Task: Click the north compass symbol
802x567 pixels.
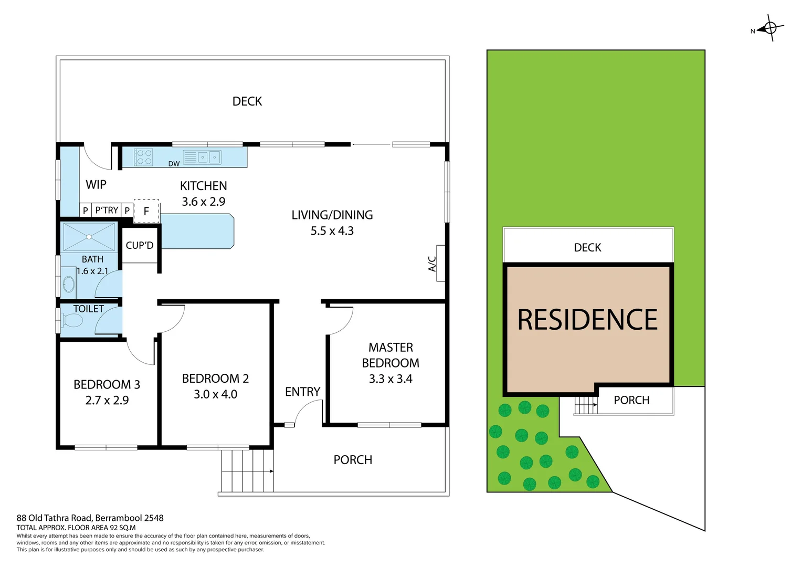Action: [770, 28]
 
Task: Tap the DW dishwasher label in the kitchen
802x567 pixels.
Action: [174, 164]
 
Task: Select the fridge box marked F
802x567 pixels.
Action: [146, 211]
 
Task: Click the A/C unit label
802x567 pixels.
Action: [432, 264]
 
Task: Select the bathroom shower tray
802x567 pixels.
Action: [89, 237]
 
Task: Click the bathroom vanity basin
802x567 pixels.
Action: [69, 284]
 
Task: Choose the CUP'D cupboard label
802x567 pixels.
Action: [140, 245]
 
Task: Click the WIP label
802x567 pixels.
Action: [96, 184]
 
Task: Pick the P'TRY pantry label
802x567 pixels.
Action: [107, 210]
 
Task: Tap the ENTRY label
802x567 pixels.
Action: [302, 392]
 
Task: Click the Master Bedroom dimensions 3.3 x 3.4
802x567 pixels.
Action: [391, 379]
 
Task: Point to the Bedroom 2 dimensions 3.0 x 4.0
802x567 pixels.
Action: [215, 394]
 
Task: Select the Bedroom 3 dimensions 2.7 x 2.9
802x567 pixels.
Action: [107, 400]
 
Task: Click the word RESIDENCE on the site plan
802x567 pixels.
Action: [587, 320]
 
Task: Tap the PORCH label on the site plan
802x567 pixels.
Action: [631, 400]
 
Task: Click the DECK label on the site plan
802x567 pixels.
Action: [587, 247]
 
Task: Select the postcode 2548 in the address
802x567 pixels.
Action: [154, 518]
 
